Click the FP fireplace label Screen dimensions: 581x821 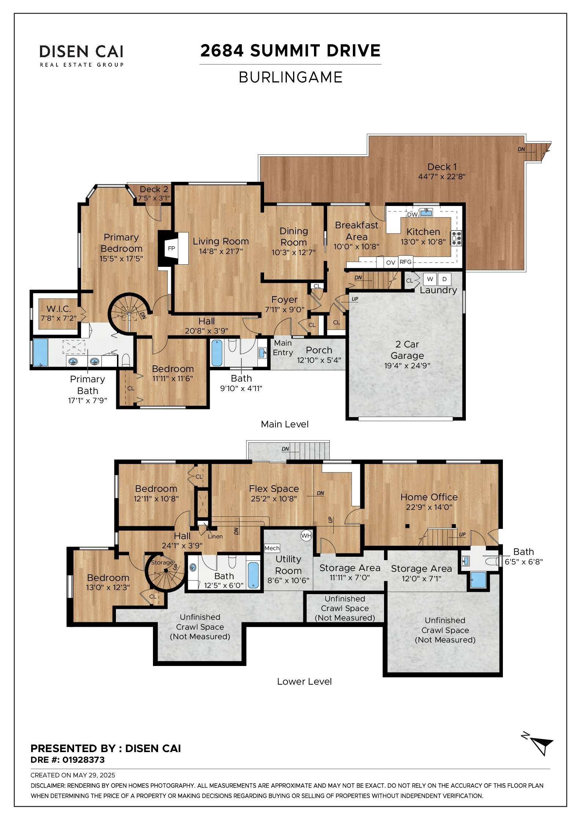(x=171, y=248)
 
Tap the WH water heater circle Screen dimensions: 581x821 (x=306, y=535)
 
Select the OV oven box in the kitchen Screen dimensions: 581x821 (x=391, y=262)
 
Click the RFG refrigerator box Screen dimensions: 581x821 (x=406, y=262)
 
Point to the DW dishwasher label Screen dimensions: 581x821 (x=412, y=214)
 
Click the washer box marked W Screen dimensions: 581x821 (x=430, y=279)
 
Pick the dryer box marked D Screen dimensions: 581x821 (x=444, y=279)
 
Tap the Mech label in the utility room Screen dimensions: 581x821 (x=272, y=548)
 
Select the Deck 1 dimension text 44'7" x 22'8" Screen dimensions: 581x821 (x=442, y=176)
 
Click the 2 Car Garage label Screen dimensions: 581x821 (x=407, y=350)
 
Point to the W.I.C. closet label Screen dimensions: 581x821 (x=59, y=309)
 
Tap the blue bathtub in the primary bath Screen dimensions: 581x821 (x=41, y=352)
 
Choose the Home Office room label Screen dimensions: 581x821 (x=429, y=497)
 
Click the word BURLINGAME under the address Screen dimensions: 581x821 (x=290, y=77)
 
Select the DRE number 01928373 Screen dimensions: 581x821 (x=83, y=760)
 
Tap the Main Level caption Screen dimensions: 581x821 (x=285, y=424)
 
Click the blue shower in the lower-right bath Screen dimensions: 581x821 (x=478, y=580)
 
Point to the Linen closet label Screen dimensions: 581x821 (x=215, y=536)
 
